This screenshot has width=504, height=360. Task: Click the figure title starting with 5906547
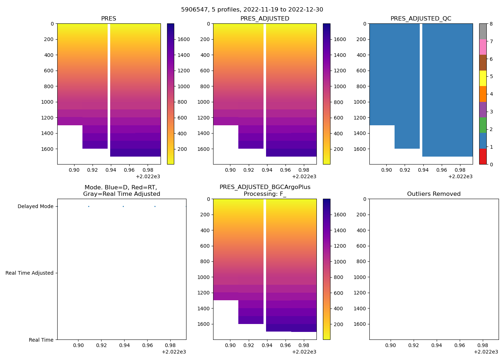click(x=252, y=10)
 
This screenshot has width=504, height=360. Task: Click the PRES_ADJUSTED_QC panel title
click(x=421, y=19)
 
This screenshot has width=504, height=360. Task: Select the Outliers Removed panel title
click(x=434, y=194)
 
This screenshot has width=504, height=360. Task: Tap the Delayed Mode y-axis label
click(x=35, y=207)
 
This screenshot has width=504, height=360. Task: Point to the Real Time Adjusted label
click(x=30, y=273)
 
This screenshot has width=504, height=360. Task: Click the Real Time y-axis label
click(x=41, y=340)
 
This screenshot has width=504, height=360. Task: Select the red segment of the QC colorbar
click(x=483, y=157)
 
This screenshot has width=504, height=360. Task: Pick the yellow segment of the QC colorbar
click(x=483, y=78)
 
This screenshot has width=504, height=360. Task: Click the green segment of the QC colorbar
click(x=483, y=125)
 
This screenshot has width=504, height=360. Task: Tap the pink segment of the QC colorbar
click(x=483, y=47)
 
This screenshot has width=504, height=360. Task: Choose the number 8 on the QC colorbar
click(x=491, y=24)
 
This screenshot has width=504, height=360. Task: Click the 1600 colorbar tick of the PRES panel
click(x=184, y=40)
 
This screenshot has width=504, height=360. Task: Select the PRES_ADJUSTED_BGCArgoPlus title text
click(x=265, y=187)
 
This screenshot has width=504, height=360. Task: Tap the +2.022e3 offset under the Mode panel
click(x=174, y=352)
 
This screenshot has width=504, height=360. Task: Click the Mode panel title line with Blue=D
click(x=121, y=188)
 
